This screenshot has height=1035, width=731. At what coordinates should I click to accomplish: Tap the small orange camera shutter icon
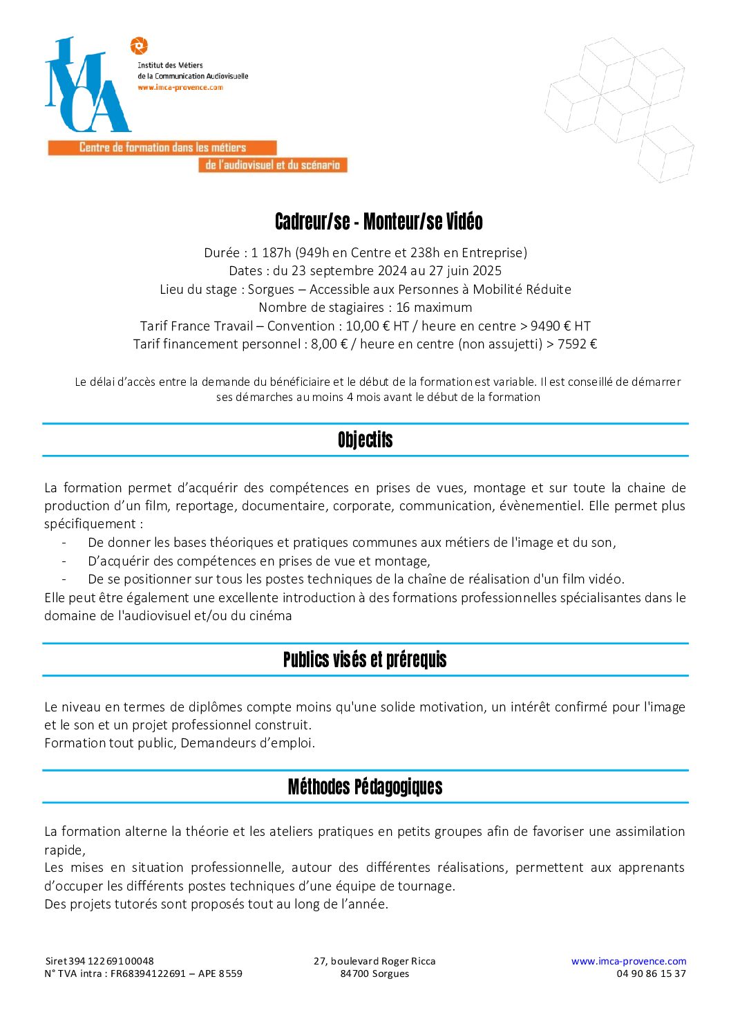[139, 46]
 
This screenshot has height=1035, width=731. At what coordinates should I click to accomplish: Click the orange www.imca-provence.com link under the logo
[180, 88]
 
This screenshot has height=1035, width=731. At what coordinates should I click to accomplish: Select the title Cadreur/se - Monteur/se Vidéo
[379, 221]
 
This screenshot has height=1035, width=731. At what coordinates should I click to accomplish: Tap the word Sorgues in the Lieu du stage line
[271, 290]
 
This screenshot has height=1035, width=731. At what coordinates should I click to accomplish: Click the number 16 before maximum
[404, 308]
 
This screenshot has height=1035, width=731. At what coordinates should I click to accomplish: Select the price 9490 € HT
[560, 326]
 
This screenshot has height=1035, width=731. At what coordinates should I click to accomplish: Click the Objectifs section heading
[365, 440]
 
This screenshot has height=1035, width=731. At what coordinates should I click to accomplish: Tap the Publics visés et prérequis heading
[365, 660]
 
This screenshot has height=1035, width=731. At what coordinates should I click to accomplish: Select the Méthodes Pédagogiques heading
[365, 787]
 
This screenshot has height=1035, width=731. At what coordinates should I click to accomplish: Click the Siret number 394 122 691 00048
[111, 961]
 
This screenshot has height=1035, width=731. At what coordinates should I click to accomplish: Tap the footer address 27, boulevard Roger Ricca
[374, 961]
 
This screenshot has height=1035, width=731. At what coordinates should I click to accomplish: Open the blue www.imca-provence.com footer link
[628, 961]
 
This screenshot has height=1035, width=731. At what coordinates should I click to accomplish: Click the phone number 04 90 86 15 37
[651, 973]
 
